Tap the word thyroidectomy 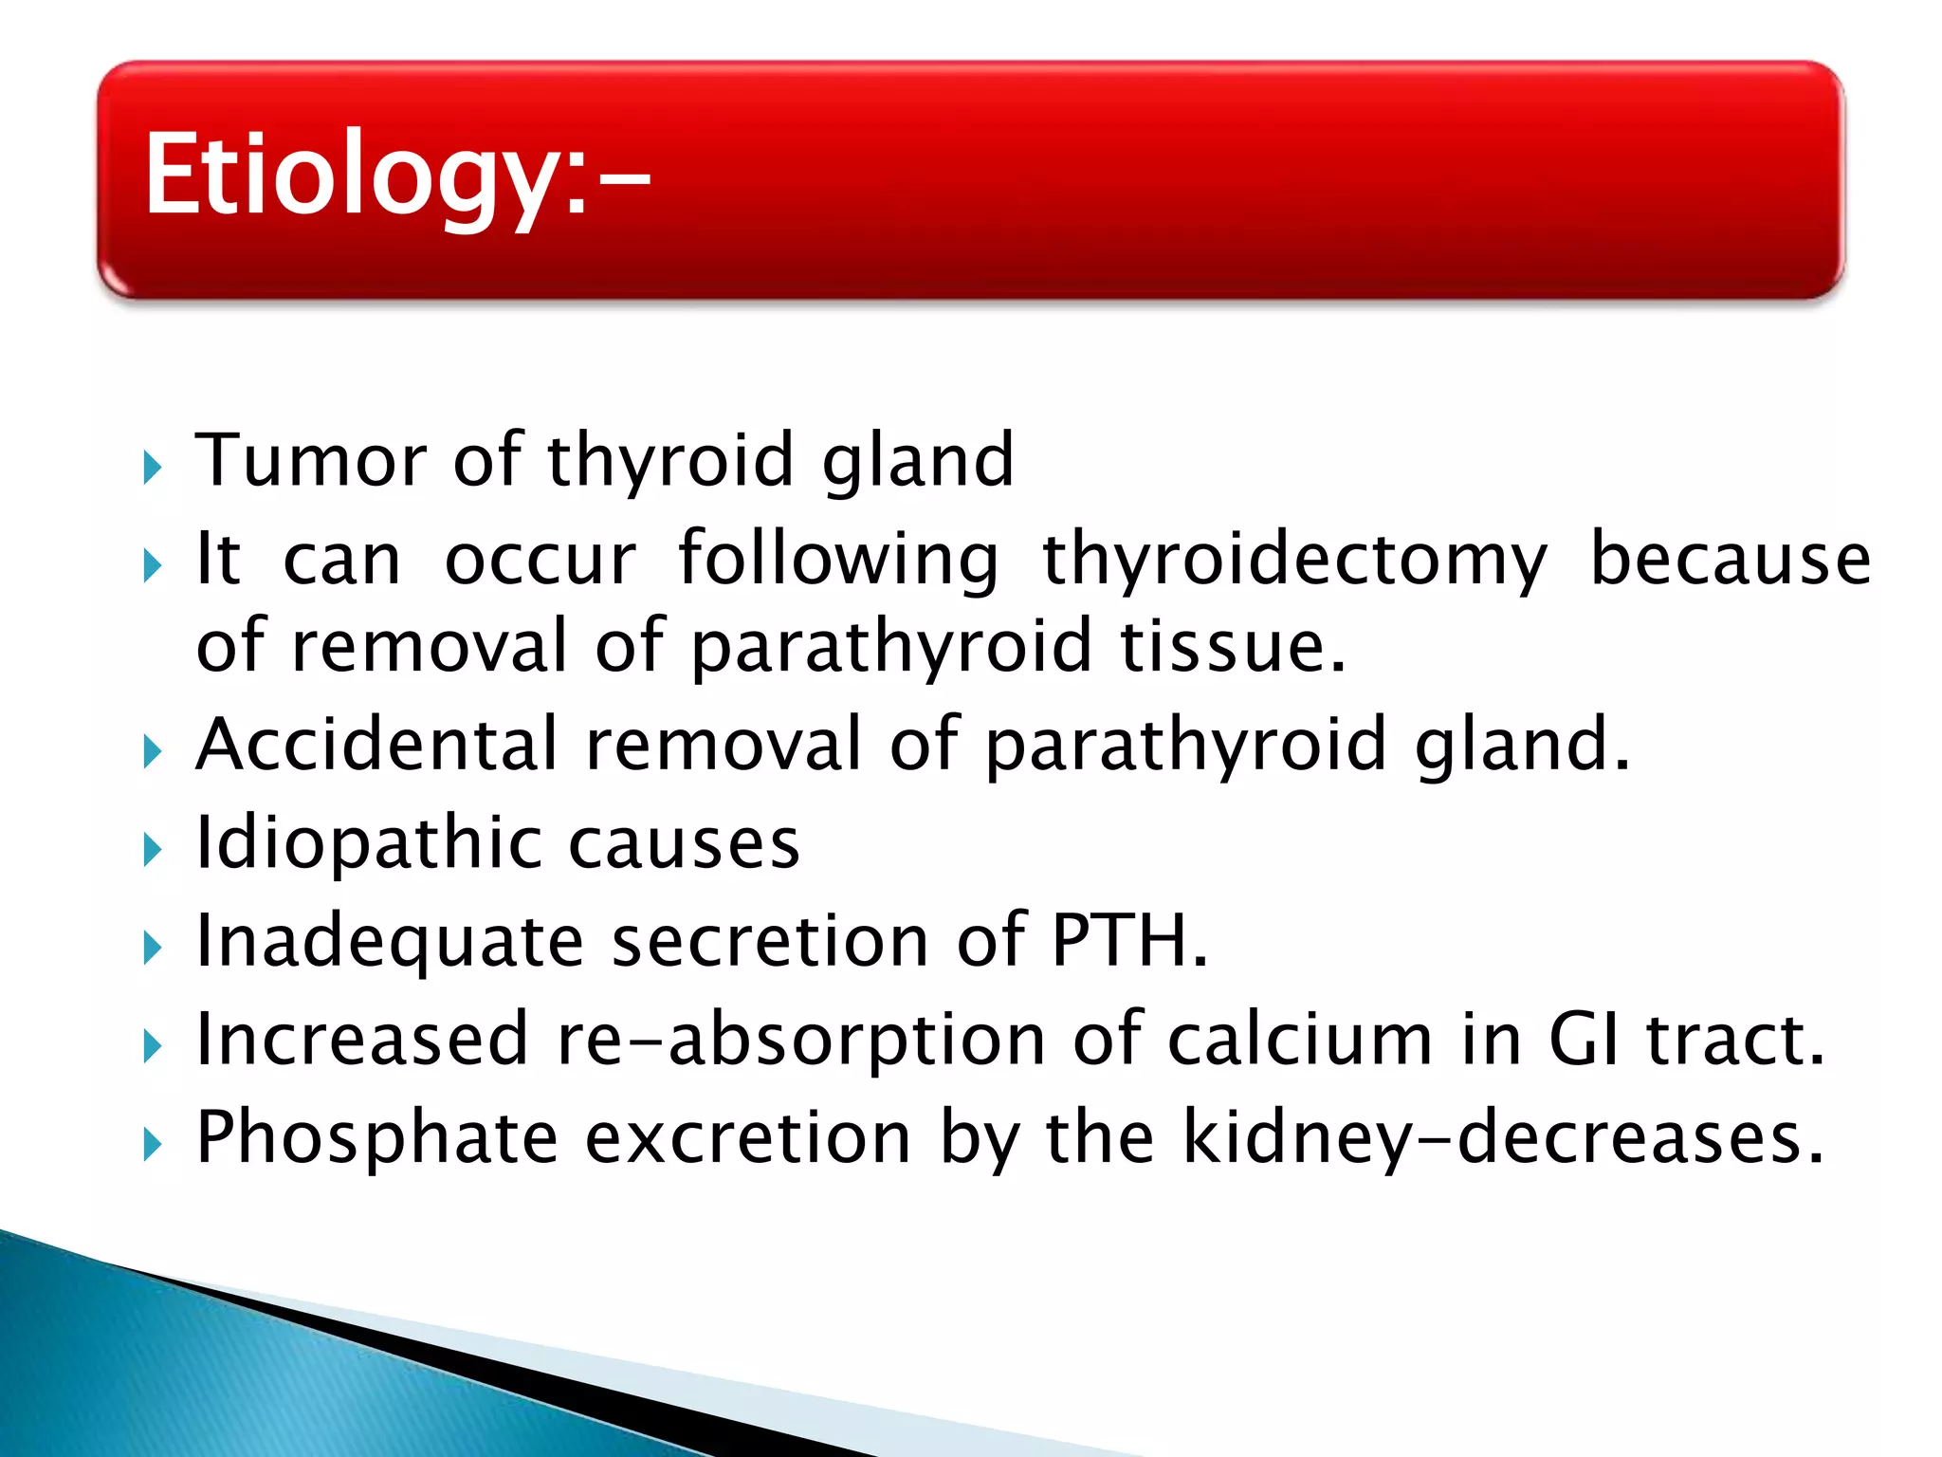(1294, 560)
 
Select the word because (1730, 560)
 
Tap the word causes (684, 843)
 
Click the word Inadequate (389, 941)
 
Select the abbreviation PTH (1128, 941)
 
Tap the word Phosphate (376, 1138)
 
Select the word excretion (748, 1138)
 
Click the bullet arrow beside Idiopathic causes (152, 849)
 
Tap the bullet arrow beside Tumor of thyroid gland (152, 467)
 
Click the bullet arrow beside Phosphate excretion (152, 1145)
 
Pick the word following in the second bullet (838, 560)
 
